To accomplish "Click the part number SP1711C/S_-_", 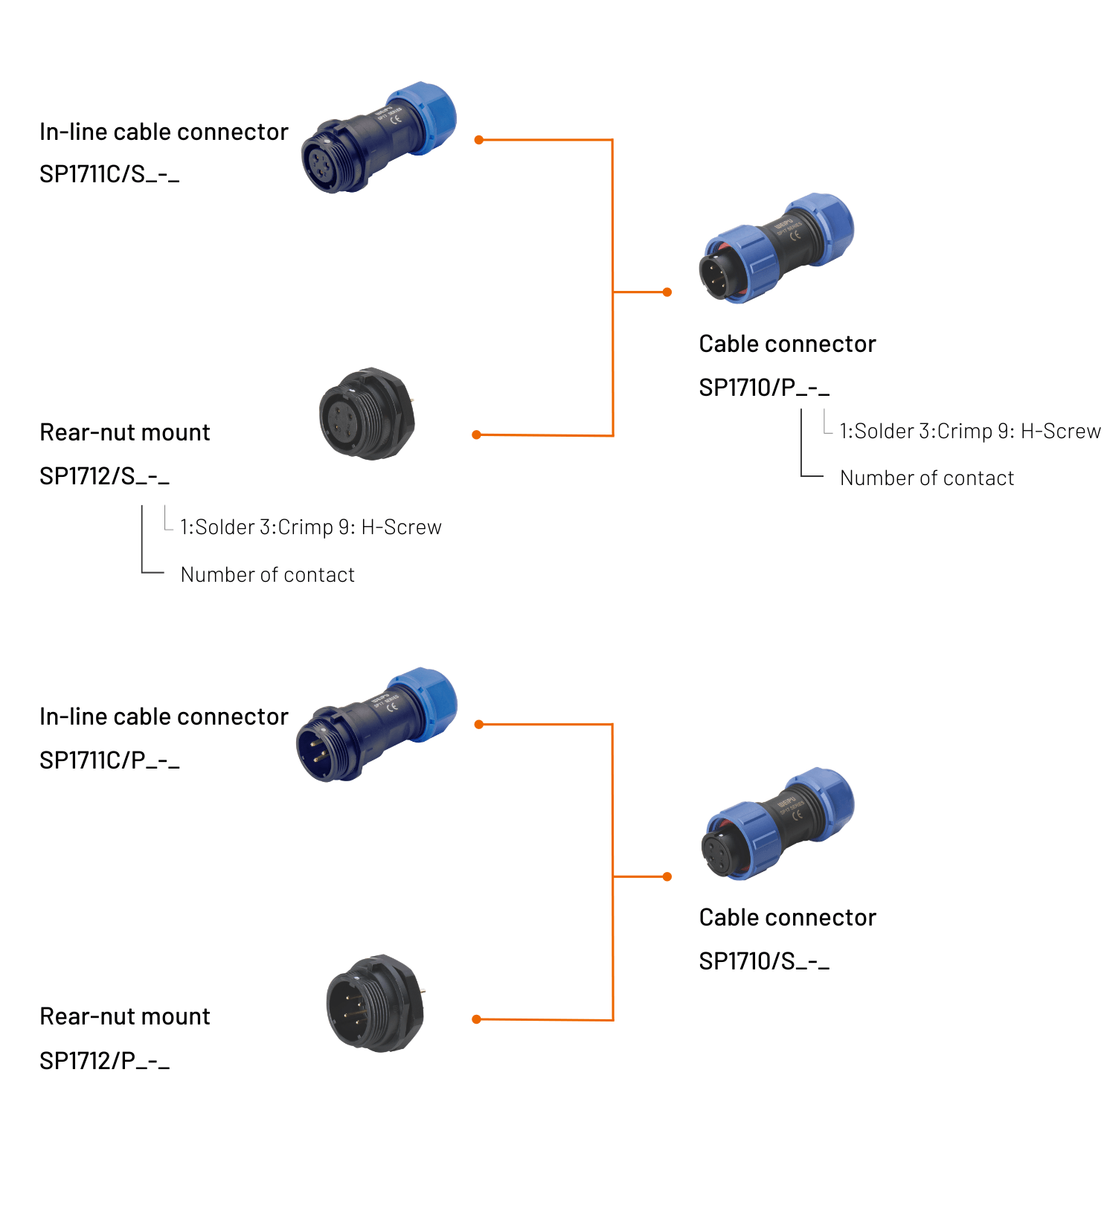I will point(109,174).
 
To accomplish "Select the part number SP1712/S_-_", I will point(104,476).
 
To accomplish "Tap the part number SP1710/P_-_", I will point(763,388).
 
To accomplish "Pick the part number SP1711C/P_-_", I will point(109,760).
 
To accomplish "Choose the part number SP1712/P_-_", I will point(104,1061).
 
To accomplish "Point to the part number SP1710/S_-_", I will point(763,961).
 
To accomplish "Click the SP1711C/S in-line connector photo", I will point(377,138).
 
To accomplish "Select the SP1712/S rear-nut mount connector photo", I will point(367,414).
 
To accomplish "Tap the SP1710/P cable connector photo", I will point(776,248).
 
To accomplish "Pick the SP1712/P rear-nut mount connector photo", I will point(375,1003).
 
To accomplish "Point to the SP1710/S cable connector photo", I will point(777,824).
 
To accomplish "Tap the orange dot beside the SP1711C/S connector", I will point(478,140).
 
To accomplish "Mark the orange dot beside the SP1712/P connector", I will point(476,1019).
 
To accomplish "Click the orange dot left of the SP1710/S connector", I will point(667,876).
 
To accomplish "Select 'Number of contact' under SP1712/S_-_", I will point(267,575).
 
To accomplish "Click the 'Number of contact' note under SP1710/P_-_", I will point(926,478).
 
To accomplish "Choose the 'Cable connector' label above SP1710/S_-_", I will point(787,918).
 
